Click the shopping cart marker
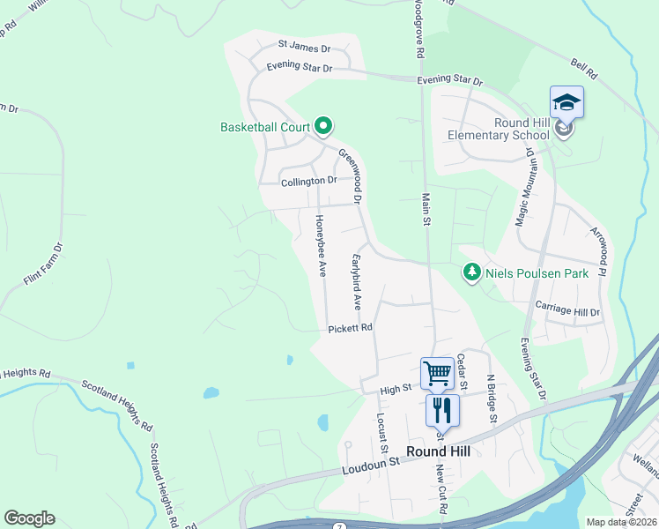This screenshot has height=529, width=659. (437, 373)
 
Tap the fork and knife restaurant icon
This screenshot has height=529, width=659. (442, 410)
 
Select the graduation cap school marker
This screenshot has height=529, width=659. (566, 102)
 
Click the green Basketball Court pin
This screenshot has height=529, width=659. (322, 127)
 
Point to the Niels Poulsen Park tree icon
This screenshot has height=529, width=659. (473, 273)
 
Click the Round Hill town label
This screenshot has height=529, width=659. (438, 451)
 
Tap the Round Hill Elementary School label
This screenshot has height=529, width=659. (498, 130)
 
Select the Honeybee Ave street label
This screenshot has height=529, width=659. (321, 245)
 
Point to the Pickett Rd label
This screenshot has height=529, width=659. (351, 328)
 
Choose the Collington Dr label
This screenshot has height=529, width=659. (309, 182)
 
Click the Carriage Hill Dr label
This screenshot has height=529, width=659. (567, 312)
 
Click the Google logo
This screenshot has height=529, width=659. (29, 518)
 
